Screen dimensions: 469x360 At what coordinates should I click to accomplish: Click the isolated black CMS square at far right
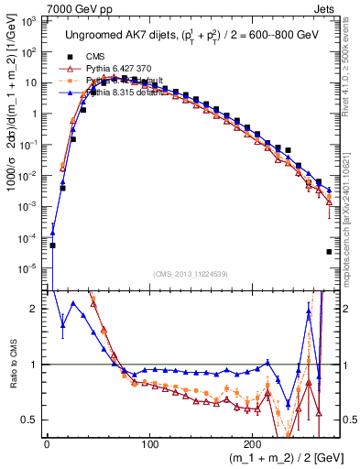(329, 252)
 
